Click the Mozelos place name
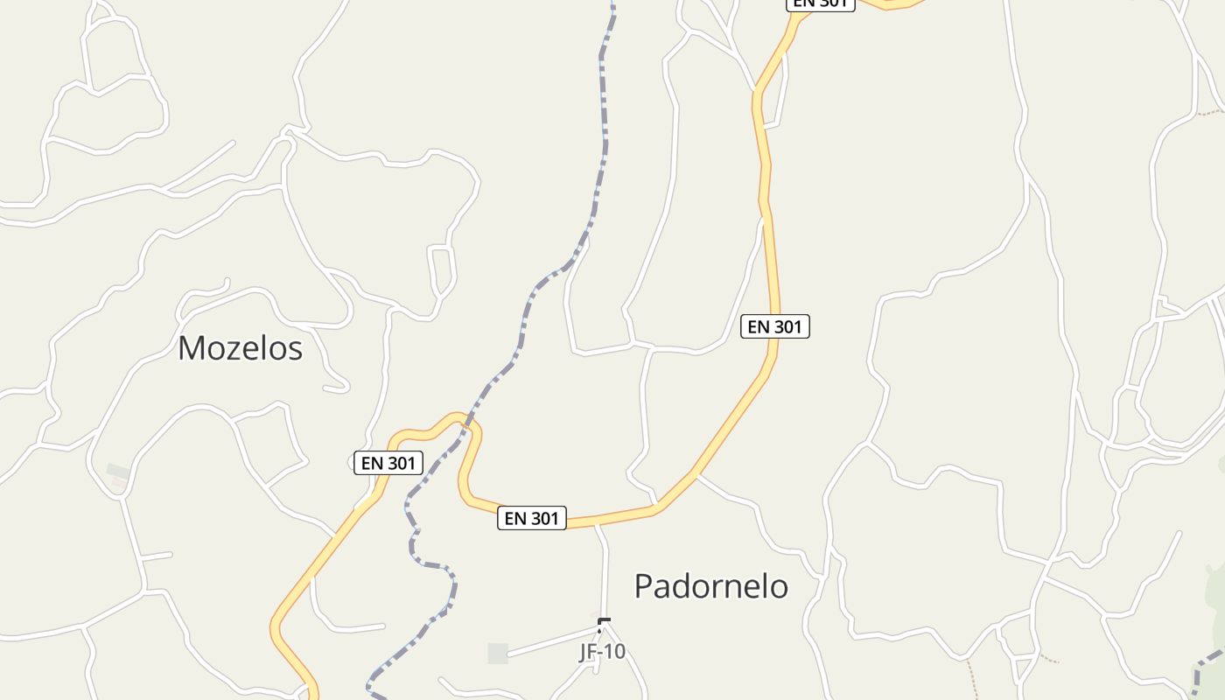tap(240, 348)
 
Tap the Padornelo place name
tap(710, 586)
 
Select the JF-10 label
tap(603, 652)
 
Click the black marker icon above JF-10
tap(604, 624)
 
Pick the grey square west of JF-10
tap(498, 653)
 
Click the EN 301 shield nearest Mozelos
tap(388, 463)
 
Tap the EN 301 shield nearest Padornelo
tap(532, 518)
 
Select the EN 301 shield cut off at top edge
tap(820, 3)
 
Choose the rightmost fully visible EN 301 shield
tap(775, 326)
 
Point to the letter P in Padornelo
tap(642, 586)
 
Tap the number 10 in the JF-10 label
tap(615, 652)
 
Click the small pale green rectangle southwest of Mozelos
tap(118, 472)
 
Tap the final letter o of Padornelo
tap(780, 587)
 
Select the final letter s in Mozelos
tap(296, 349)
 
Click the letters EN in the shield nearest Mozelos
tap(371, 463)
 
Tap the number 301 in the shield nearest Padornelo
tap(543, 518)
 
